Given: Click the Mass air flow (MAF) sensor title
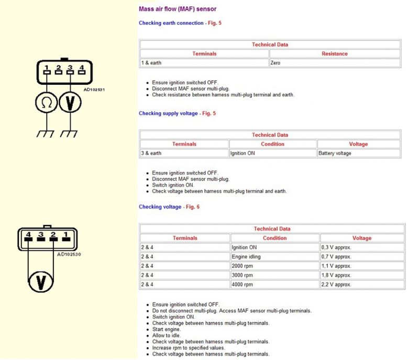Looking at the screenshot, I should coord(178,9).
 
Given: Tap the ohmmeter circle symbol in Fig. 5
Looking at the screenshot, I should coord(46,103).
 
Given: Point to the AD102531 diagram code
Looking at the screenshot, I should coord(94,90).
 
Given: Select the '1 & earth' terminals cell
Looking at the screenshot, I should coord(151,63).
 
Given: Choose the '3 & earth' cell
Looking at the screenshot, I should coord(151,154).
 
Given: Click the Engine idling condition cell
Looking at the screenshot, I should coord(246,257).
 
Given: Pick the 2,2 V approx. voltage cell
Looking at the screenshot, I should coord(337,285).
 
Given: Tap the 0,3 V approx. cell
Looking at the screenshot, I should coord(337,247).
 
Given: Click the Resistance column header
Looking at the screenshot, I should coord(334,53).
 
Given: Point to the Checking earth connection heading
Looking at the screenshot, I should coord(171,23).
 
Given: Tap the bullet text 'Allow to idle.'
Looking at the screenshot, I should coord(168,335).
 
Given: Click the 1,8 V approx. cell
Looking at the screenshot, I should coord(337,275).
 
